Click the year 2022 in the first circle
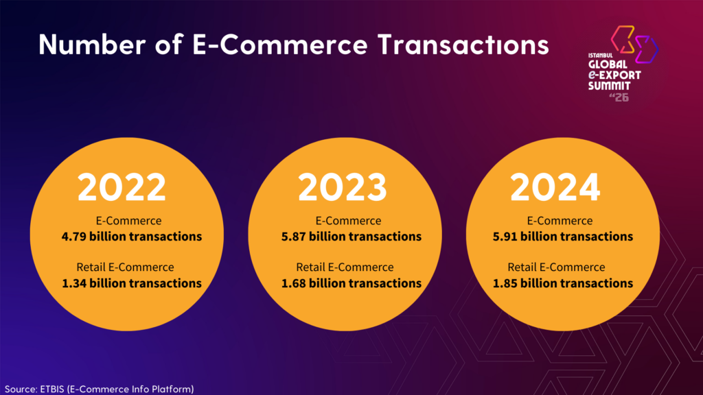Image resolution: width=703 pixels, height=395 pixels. tap(122, 187)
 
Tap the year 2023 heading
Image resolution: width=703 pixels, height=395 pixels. tap(342, 187)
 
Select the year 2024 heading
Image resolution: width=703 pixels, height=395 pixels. tap(555, 187)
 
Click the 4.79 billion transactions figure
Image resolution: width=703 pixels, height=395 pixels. tap(132, 237)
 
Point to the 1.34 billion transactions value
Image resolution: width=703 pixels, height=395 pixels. tap(132, 283)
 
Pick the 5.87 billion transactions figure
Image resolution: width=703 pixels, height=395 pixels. tap(351, 237)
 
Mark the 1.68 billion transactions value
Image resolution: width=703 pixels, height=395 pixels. tap(351, 283)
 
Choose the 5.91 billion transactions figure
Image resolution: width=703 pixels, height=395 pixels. tap(563, 237)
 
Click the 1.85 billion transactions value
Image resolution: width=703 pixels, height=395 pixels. tap(563, 283)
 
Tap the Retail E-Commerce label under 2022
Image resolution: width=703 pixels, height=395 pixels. tap(125, 267)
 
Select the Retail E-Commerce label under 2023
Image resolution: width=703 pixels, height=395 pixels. tap(345, 267)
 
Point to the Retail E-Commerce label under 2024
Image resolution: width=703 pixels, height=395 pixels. tap(556, 267)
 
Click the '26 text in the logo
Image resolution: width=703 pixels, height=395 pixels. tap(618, 97)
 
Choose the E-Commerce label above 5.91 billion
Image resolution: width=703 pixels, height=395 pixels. tap(560, 221)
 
